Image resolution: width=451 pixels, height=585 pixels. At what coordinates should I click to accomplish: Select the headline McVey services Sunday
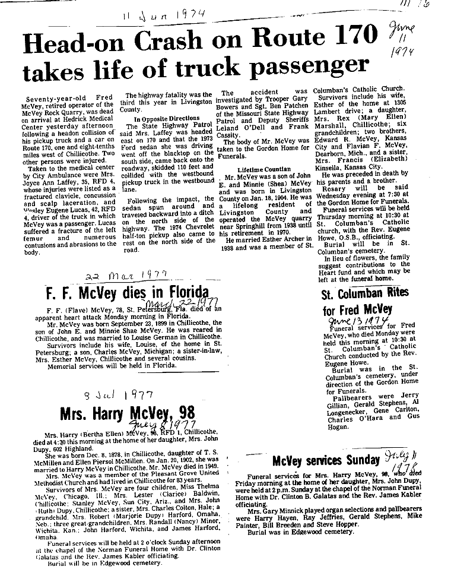(x=326, y=460)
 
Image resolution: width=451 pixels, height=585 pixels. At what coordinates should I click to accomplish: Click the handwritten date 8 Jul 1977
(x=122, y=394)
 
